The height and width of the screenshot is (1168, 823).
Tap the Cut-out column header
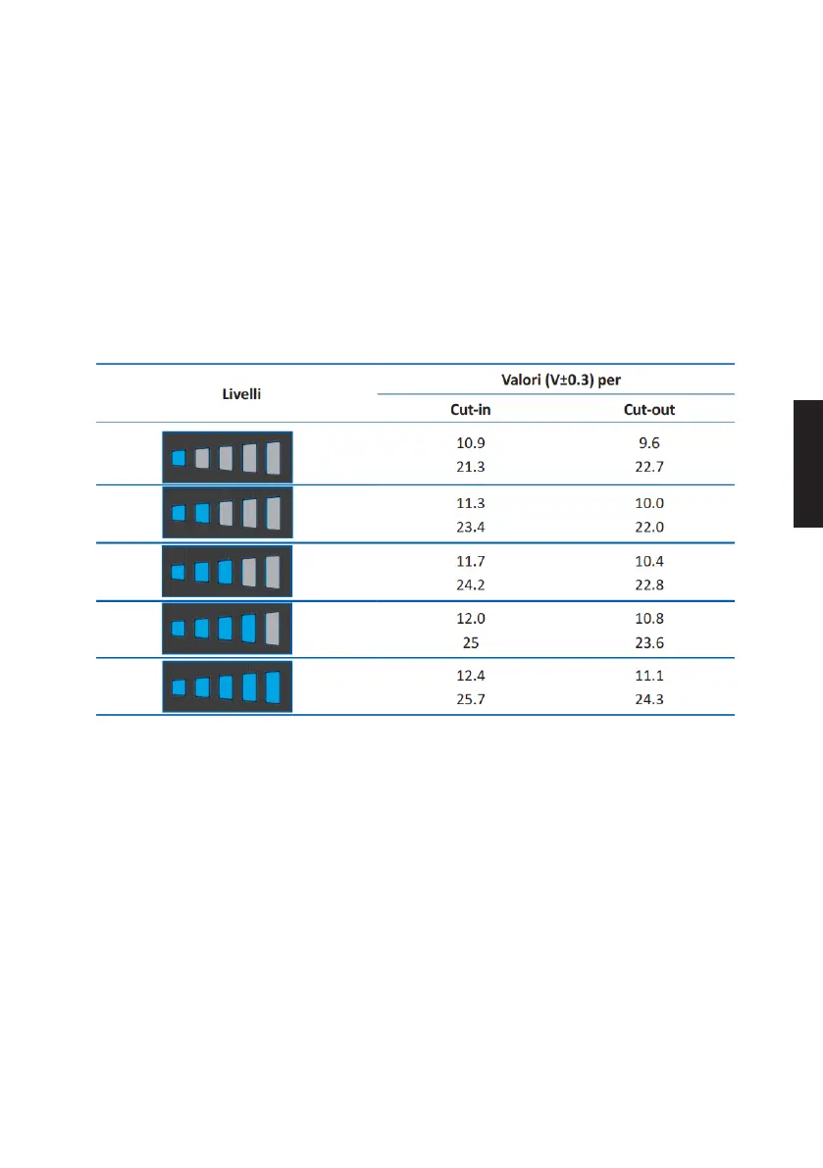[649, 409]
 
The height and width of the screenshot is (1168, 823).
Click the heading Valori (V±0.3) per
[555, 378]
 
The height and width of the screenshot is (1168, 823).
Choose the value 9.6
[649, 443]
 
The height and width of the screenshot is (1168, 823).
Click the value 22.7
[649, 467]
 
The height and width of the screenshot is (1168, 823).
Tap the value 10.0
[649, 503]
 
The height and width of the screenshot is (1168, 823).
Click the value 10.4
[649, 562]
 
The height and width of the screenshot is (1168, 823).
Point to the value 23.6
[649, 644]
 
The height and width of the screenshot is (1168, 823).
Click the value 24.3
[649, 700]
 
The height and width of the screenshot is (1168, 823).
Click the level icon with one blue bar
[228, 456]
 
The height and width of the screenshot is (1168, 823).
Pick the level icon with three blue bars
[228, 571]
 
